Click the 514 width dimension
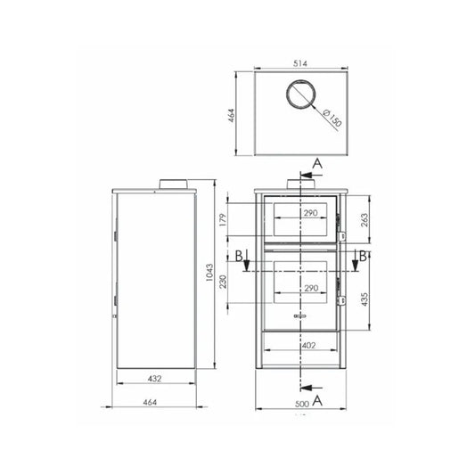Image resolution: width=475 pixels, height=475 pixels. [x=300, y=63]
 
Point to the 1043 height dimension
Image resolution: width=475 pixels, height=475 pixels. [x=209, y=273]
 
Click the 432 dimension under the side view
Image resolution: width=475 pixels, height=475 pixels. [x=154, y=379]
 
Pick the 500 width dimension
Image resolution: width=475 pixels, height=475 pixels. [x=302, y=404]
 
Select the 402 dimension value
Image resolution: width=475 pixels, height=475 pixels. [x=308, y=345]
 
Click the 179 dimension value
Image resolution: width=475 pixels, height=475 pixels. [x=223, y=220]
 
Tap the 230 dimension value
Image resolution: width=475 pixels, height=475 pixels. [x=223, y=282]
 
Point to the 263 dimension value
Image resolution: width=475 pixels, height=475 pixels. [x=364, y=220]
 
